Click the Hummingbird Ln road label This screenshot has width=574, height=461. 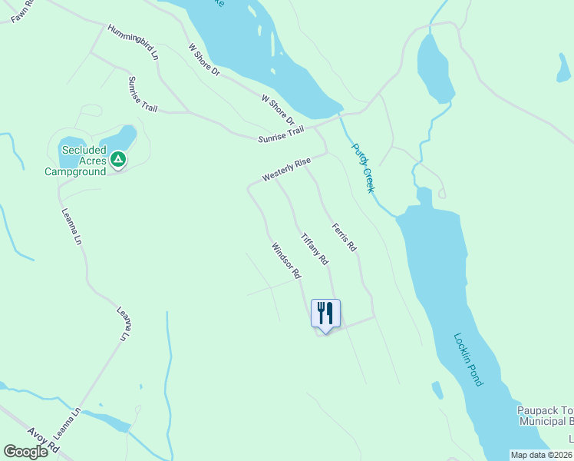[133, 43]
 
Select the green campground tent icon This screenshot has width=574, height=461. [117, 159]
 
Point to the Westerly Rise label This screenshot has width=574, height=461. [285, 170]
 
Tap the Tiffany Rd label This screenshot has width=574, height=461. [314, 250]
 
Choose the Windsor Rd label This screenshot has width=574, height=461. [285, 260]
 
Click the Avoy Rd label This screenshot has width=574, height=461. [43, 439]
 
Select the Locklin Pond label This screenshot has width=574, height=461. [467, 358]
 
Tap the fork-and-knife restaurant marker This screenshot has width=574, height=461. [325, 313]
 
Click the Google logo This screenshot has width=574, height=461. [26, 452]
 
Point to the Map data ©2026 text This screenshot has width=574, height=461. [542, 455]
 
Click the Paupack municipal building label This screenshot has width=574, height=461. [545, 416]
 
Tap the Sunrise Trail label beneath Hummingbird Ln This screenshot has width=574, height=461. [143, 95]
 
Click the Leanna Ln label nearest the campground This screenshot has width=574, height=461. [71, 227]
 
